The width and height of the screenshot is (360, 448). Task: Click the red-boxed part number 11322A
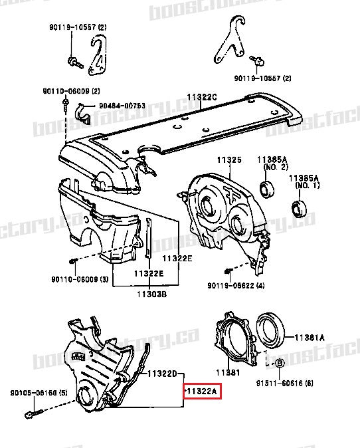pos(202,392)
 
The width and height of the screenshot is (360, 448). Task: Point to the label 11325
pos(228,160)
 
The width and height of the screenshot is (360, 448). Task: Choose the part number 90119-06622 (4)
pos(236,286)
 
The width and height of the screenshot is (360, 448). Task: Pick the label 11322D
pos(163,374)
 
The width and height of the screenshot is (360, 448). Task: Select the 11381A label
pos(310,338)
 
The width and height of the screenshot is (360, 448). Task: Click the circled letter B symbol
pos(279,363)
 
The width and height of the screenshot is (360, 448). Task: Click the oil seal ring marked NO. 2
pos(268,189)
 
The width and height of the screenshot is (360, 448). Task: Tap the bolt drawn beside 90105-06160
pos(31,412)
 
